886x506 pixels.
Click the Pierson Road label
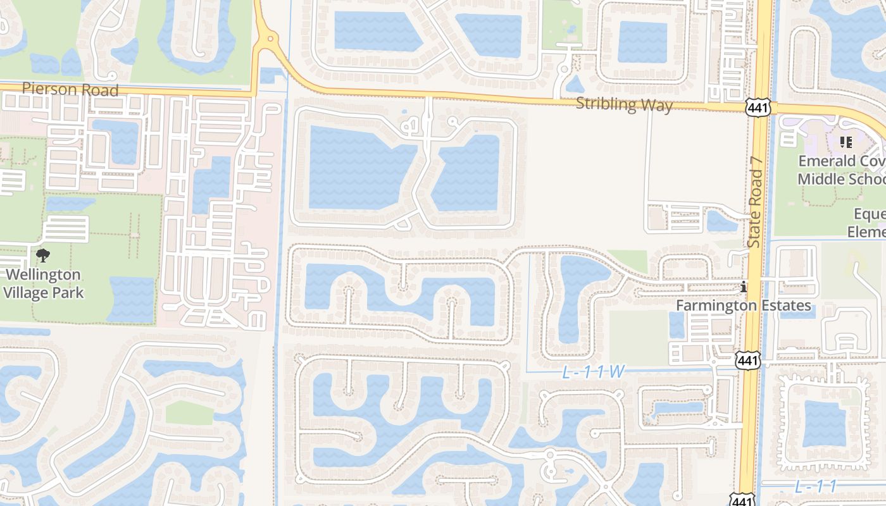pyautogui.click(x=70, y=90)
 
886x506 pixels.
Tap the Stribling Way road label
pyautogui.click(x=624, y=104)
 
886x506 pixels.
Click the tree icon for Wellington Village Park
pyautogui.click(x=43, y=256)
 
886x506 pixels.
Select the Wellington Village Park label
pyautogui.click(x=43, y=283)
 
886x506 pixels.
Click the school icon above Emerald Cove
pyautogui.click(x=845, y=142)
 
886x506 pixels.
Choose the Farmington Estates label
pyautogui.click(x=744, y=305)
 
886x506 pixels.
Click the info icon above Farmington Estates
pyautogui.click(x=744, y=288)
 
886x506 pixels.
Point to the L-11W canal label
pyautogui.click(x=593, y=373)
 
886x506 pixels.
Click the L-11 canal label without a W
pyautogui.click(x=816, y=486)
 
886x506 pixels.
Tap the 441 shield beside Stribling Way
pyautogui.click(x=758, y=108)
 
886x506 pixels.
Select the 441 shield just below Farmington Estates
pyautogui.click(x=747, y=361)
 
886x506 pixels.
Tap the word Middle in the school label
pyautogui.click(x=819, y=179)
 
